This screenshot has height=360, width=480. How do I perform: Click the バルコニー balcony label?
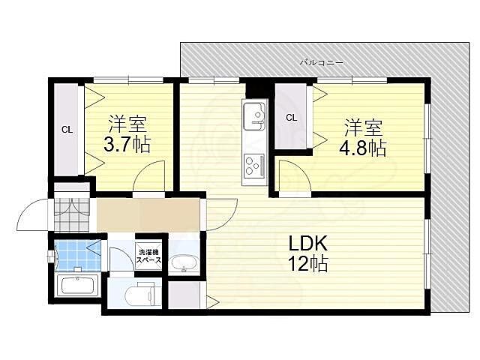321,63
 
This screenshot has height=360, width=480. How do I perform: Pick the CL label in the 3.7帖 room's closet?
67,130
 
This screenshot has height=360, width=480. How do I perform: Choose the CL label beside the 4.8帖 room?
291,117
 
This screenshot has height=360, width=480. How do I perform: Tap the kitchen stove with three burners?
253,163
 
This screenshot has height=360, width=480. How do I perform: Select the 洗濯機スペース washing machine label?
148,255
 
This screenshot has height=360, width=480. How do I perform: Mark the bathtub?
78,286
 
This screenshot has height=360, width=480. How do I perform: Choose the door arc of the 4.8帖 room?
294,178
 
